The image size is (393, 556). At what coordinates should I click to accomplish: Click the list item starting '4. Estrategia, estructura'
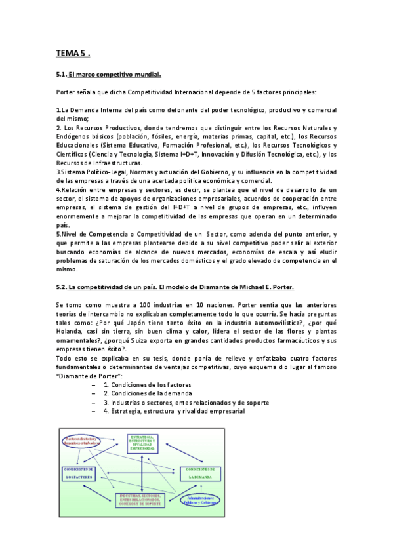[x=173, y=411]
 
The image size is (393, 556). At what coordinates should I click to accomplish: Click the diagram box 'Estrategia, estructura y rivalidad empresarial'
[x=142, y=442]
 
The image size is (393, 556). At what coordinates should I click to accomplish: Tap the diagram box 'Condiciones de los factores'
[x=79, y=473]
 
